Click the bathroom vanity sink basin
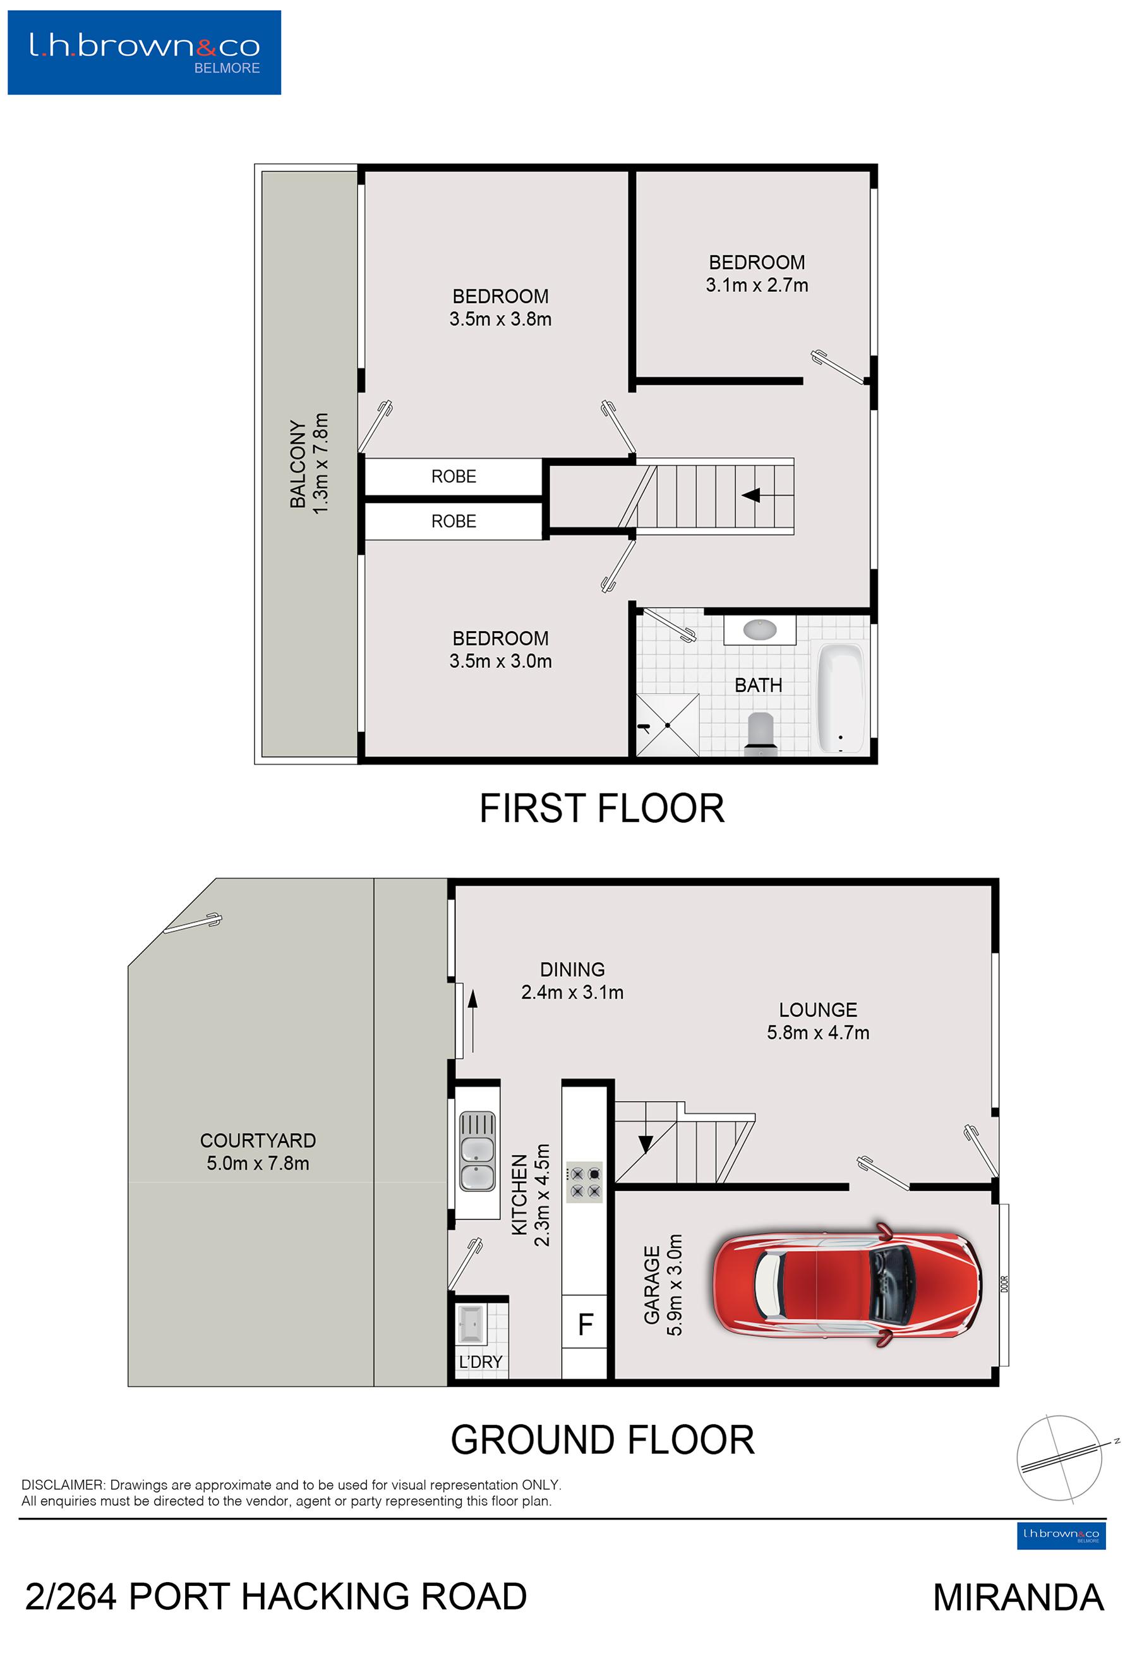(x=759, y=629)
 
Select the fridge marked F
(x=585, y=1324)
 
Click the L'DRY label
(x=481, y=1362)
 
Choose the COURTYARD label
(x=258, y=1141)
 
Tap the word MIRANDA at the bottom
(x=1018, y=1597)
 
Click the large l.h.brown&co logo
(x=145, y=52)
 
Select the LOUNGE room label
(x=818, y=1010)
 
